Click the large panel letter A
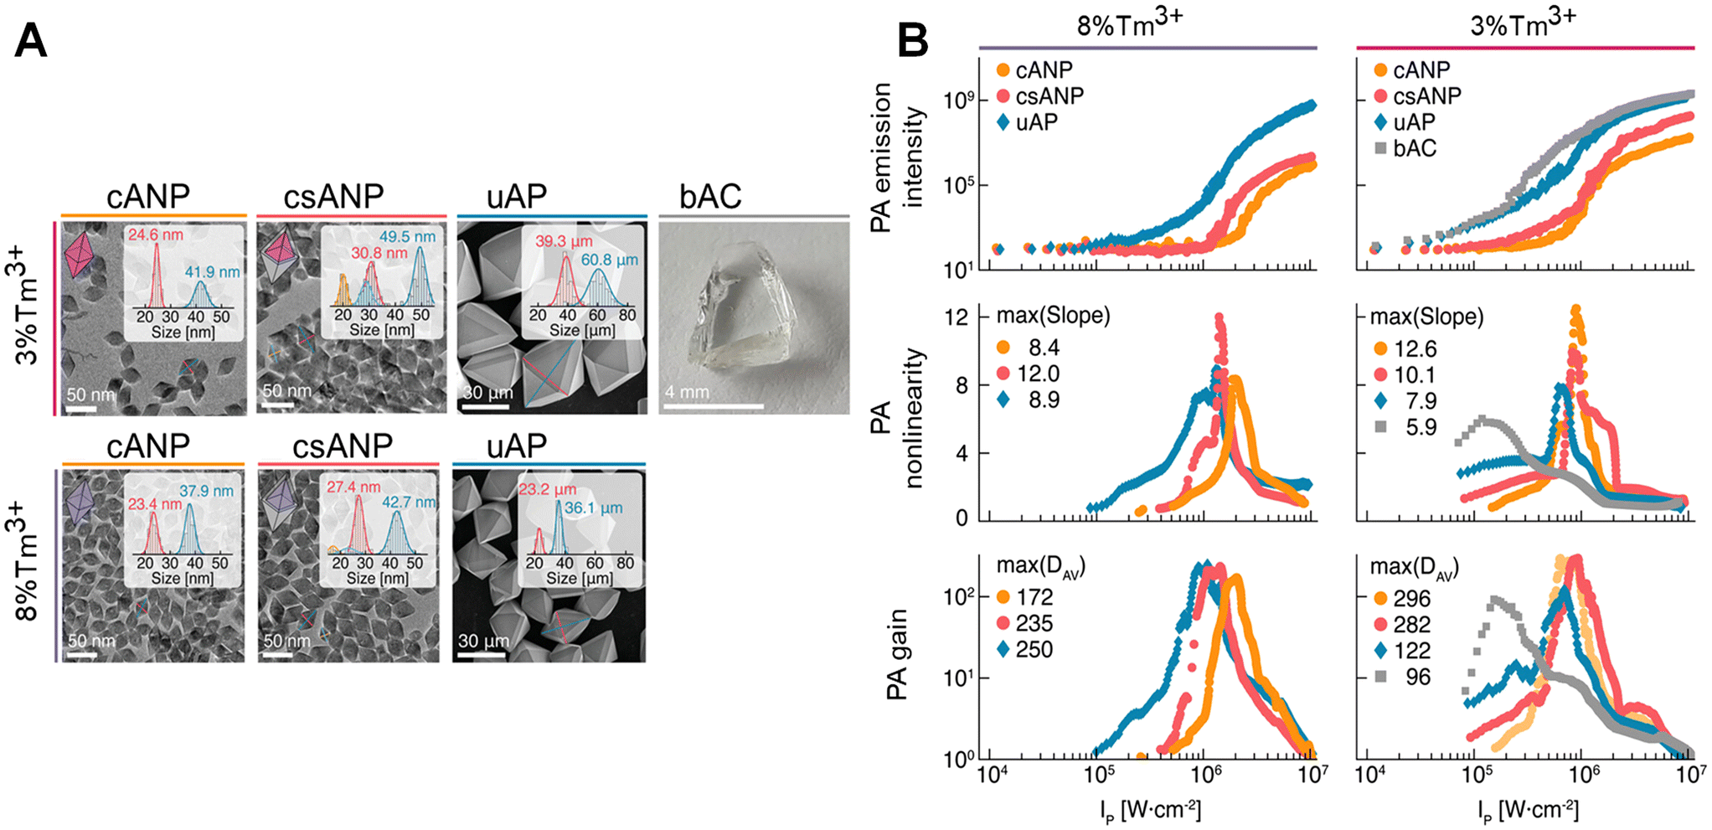point(31,40)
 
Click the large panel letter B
point(913,40)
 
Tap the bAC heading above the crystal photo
point(710,196)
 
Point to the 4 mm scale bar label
point(687,392)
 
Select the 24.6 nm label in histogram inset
point(156,235)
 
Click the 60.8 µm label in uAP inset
point(609,260)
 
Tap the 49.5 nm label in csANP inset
point(407,237)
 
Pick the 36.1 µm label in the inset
point(591,508)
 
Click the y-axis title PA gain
point(897,654)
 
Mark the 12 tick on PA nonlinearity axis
point(957,317)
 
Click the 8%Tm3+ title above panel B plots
point(1129,24)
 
